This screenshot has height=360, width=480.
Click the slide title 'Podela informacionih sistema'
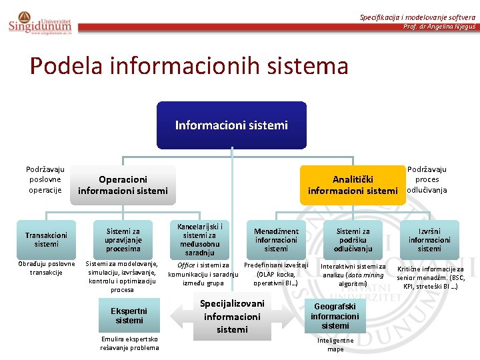189,66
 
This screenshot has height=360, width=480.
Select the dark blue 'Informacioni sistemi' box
231,125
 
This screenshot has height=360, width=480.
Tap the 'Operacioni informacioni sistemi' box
123,185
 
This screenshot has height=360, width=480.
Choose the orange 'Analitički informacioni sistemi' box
352,185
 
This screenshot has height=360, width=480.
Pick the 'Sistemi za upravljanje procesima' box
123,239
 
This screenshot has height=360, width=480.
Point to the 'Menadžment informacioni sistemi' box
276,239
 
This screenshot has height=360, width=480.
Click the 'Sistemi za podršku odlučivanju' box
353,239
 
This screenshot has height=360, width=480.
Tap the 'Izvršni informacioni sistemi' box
429,239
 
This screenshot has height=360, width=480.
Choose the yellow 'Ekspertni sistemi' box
129,315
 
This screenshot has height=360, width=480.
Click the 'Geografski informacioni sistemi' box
335,316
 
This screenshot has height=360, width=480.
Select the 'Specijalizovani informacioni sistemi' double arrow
232,316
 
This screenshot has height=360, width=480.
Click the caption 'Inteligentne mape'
335,344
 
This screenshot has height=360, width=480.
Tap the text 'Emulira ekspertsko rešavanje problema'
129,343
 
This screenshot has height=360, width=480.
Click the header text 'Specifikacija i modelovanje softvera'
417,17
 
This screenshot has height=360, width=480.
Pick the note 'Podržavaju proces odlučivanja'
427,179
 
